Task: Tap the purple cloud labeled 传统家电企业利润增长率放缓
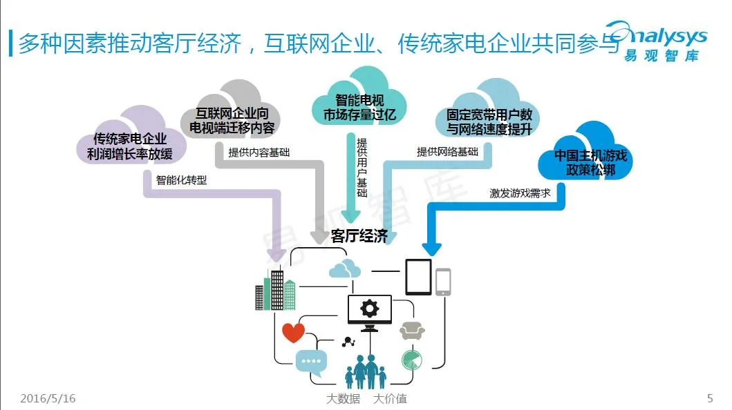131,136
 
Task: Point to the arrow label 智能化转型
181,179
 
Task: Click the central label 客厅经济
359,237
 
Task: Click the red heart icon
293,332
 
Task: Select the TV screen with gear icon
370,311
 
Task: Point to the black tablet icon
418,277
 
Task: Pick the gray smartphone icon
443,282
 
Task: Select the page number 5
710,399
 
